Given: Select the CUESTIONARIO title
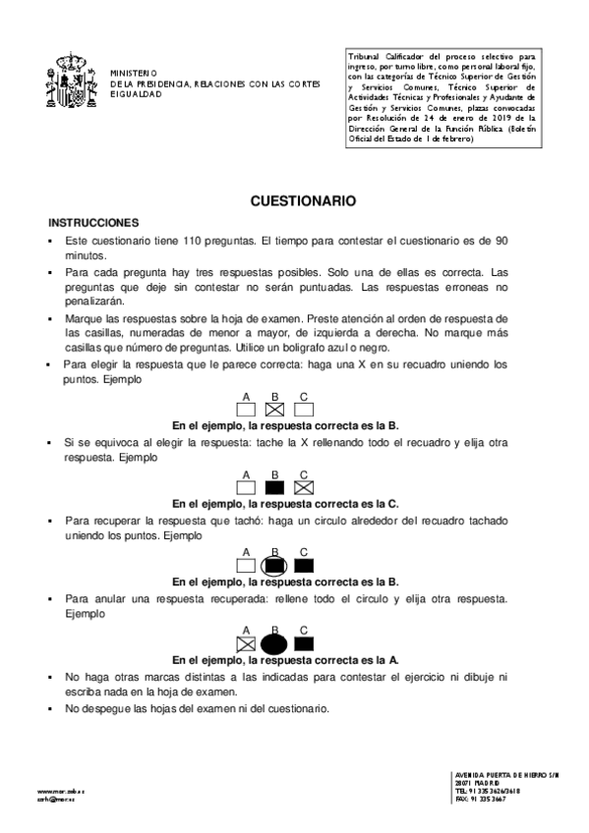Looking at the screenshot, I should (303, 200).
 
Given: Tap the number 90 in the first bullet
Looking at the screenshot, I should (501, 241).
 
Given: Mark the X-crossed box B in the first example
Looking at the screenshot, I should (275, 408).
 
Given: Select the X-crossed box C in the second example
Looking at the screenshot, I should (304, 486).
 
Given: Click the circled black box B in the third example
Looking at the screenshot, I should (275, 565).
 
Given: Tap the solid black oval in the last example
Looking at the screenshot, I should (275, 643).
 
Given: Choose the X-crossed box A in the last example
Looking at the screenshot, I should (247, 643).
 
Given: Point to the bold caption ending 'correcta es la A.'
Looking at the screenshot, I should (285, 660).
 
